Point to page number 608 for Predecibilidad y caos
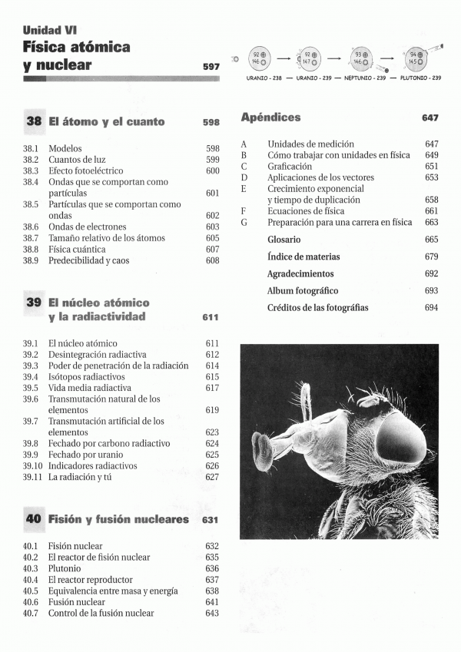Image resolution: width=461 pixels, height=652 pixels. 213,260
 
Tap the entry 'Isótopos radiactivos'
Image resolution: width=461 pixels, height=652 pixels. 82,377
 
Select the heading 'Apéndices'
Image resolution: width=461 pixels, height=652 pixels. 270,117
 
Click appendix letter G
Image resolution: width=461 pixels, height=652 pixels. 244,222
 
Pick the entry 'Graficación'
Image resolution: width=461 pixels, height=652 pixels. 290,166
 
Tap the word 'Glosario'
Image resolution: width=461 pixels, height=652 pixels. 284,240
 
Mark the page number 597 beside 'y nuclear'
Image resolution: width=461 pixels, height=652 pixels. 211,67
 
